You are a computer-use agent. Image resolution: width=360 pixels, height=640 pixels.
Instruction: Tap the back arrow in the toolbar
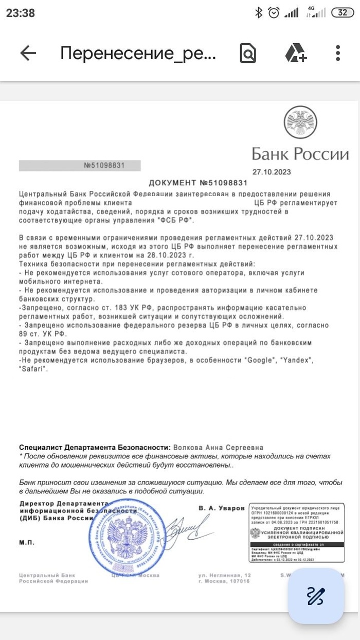pyautogui.click(x=28, y=53)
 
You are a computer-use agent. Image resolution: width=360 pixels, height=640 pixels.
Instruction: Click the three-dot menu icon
pyautogui.click(x=338, y=53)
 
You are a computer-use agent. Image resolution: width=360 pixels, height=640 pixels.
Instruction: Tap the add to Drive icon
pyautogui.click(x=296, y=53)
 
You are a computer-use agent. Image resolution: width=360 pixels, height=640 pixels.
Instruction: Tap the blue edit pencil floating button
pyautogui.click(x=315, y=595)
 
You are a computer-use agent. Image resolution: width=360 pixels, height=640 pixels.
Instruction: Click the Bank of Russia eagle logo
pyautogui.click(x=300, y=123)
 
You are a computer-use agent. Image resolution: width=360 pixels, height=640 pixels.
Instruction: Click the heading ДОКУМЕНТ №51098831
pyautogui.click(x=198, y=183)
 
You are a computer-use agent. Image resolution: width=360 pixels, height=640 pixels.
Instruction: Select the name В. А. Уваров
pyautogui.click(x=221, y=508)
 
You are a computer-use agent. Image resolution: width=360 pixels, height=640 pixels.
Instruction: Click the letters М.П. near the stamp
pyautogui.click(x=26, y=542)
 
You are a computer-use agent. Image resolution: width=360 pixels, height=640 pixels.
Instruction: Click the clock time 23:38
pyautogui.click(x=21, y=13)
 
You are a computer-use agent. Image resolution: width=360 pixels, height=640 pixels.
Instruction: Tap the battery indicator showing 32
pyautogui.click(x=342, y=13)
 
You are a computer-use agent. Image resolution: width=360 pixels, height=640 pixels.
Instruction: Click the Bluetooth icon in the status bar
pyautogui.click(x=259, y=13)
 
